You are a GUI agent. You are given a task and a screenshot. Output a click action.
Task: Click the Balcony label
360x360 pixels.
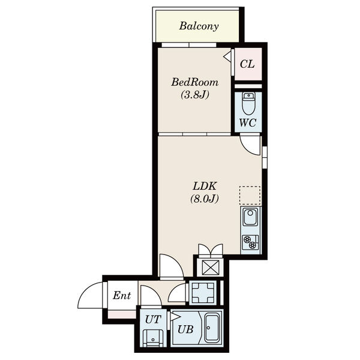[x=199, y=26]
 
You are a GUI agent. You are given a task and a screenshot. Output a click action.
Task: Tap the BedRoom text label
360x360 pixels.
[x=194, y=82]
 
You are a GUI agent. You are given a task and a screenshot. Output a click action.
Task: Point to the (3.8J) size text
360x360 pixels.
[x=195, y=95]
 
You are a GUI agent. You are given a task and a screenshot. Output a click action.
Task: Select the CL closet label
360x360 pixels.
[x=247, y=64]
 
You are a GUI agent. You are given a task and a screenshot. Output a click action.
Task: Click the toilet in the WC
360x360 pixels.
[x=248, y=103]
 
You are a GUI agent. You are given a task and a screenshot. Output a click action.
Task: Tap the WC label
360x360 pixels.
[x=248, y=123]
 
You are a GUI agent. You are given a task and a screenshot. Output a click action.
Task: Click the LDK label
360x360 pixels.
[x=205, y=186]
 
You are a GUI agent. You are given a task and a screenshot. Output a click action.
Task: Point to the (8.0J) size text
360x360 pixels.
[x=205, y=199]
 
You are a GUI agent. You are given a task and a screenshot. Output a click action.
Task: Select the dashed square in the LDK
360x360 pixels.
[x=250, y=196]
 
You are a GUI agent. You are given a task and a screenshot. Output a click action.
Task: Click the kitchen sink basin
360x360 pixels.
[x=250, y=217]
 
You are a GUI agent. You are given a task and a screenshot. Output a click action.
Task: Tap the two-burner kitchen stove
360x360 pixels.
[x=250, y=242]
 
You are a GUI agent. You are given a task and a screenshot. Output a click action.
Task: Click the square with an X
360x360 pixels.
[x=209, y=267]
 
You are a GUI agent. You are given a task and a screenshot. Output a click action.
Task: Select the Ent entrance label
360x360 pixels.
[x=122, y=295]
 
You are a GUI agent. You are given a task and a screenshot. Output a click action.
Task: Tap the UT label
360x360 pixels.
[x=153, y=319]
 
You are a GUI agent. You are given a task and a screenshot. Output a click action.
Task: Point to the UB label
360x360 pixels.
[x=185, y=329]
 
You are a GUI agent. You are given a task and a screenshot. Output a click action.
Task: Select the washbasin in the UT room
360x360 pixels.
[x=152, y=338]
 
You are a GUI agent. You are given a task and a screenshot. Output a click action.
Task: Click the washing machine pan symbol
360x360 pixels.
[x=203, y=293]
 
